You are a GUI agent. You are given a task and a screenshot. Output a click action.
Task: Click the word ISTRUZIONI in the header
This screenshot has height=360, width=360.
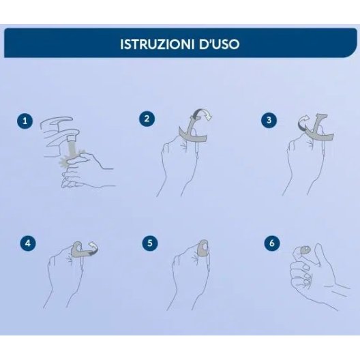(157, 44)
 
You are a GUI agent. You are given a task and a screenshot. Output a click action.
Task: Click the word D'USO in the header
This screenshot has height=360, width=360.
(220, 44)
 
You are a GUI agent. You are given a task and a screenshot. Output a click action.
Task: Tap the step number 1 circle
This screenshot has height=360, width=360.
(25, 121)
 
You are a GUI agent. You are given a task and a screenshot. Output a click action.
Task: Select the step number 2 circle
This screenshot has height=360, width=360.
(147, 119)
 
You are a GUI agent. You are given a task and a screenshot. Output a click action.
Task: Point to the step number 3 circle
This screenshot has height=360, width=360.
(269, 119)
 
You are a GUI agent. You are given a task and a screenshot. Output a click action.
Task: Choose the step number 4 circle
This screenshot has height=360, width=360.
(28, 243)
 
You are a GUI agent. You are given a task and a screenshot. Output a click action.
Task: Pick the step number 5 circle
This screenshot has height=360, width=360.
(150, 243)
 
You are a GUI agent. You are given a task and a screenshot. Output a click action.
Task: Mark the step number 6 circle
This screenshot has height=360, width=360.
(272, 243)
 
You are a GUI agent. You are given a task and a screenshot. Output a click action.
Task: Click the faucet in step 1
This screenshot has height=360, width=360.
(60, 136)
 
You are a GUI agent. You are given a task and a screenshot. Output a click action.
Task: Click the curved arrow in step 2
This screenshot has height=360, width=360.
(202, 114)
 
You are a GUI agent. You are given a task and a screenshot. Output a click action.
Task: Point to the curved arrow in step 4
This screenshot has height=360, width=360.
(93, 248)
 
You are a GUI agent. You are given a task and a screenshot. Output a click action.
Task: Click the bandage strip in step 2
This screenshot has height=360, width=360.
(193, 136)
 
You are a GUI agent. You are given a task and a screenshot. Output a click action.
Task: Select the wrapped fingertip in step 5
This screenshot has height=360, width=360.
(202, 248)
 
